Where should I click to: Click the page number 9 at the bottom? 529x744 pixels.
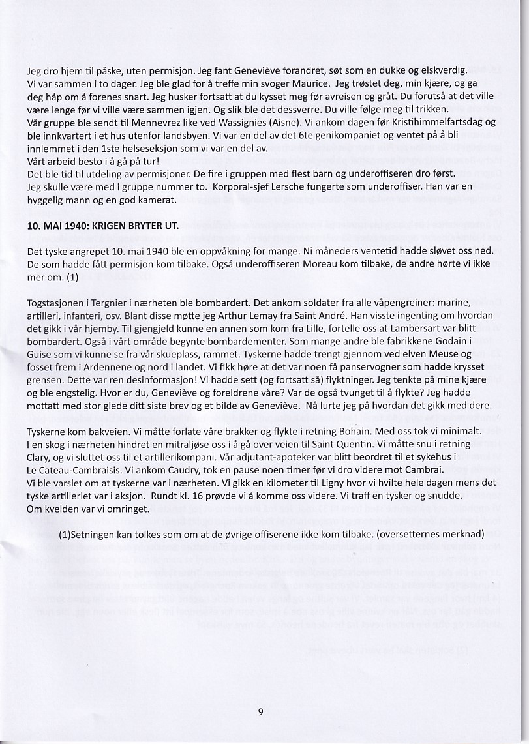[260, 712]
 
